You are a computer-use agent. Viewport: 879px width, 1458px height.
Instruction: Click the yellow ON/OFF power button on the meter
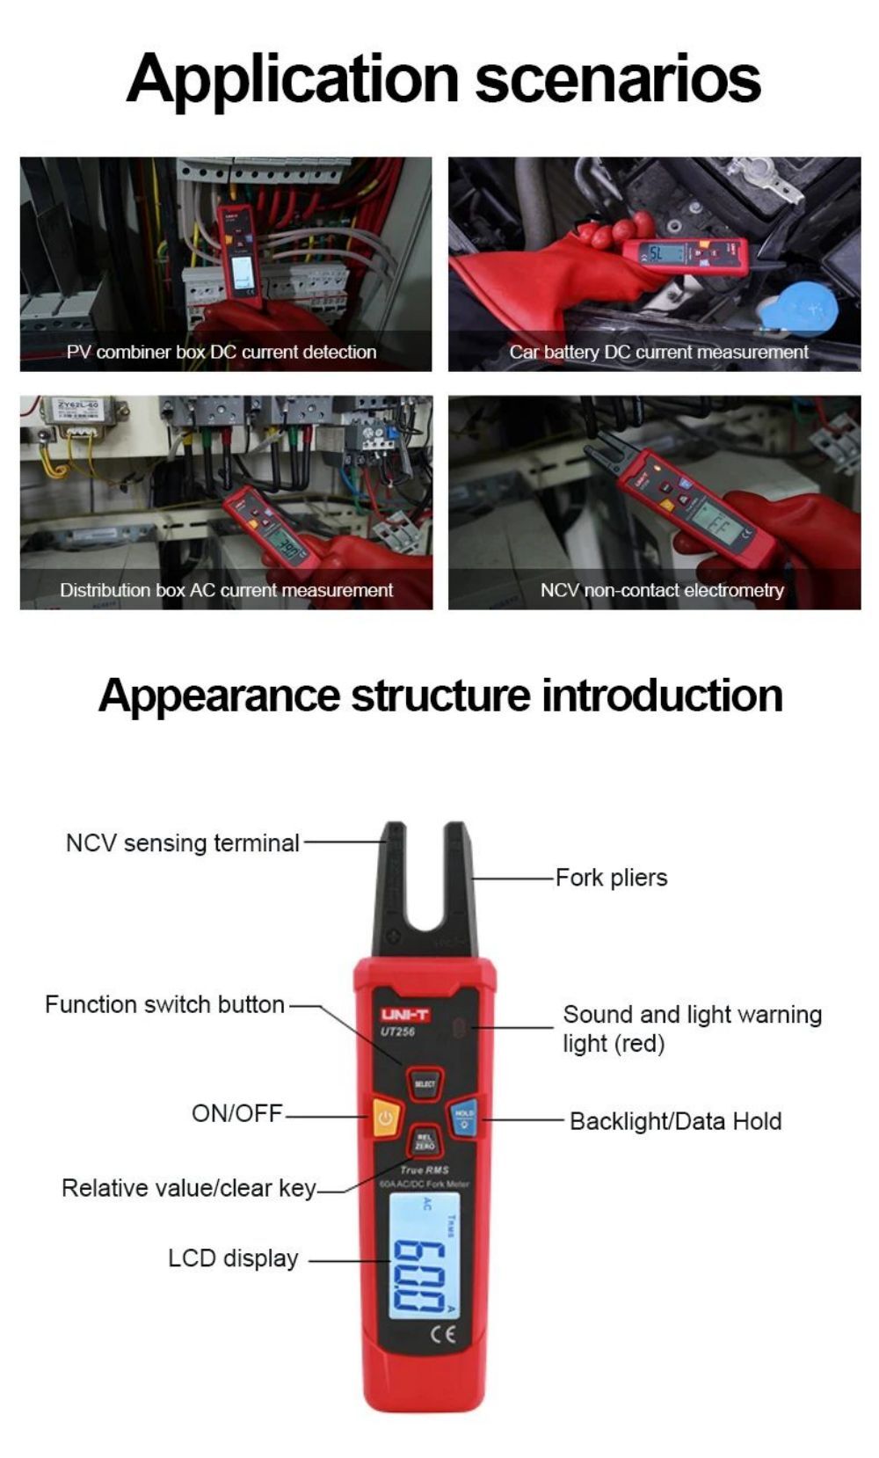coord(384,1119)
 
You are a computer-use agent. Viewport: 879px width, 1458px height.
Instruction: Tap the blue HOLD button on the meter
coord(464,1118)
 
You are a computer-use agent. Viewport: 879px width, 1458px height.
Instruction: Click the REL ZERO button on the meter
coord(425,1142)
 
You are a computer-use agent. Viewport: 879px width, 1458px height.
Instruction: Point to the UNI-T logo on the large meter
coord(405,1015)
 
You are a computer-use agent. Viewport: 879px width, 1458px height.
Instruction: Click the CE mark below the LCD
coord(443,1335)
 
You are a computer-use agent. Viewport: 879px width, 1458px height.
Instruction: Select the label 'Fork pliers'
coord(611,878)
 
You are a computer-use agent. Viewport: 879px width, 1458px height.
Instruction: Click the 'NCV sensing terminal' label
coord(183,842)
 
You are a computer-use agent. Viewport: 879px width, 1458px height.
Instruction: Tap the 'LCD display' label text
coord(233,1258)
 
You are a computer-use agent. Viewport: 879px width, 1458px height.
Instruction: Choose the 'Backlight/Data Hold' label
coord(675,1121)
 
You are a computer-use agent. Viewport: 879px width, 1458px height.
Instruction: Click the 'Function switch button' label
coord(164,1004)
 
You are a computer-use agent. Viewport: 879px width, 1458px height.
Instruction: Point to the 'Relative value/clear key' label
coord(189,1188)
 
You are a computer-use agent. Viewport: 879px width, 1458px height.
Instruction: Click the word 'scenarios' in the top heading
coord(618,79)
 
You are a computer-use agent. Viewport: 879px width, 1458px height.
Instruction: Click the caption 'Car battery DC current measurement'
coord(658,352)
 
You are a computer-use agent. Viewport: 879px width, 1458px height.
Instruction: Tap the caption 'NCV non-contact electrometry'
coord(662,590)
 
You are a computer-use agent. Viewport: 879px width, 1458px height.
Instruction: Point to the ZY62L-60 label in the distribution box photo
coord(78,405)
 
